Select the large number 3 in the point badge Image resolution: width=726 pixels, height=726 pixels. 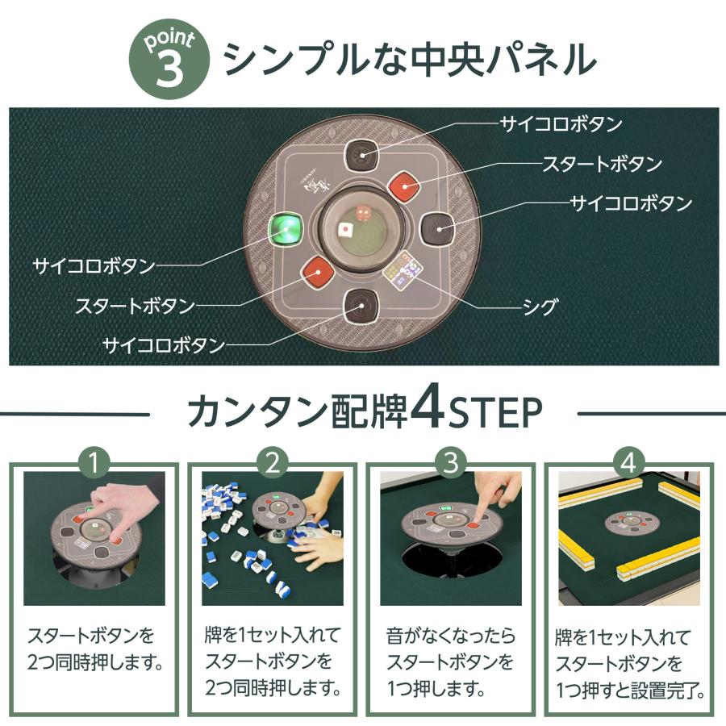(169, 69)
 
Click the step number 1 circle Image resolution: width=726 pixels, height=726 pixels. (97, 462)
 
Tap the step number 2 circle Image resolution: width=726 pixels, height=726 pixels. (273, 462)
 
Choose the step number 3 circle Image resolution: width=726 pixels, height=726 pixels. (452, 462)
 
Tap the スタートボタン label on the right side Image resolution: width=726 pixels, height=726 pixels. (602, 164)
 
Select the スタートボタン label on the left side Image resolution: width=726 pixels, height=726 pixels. (135, 307)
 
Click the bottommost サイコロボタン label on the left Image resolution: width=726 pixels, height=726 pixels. (163, 345)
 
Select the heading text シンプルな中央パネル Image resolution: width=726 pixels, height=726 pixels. (409, 59)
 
